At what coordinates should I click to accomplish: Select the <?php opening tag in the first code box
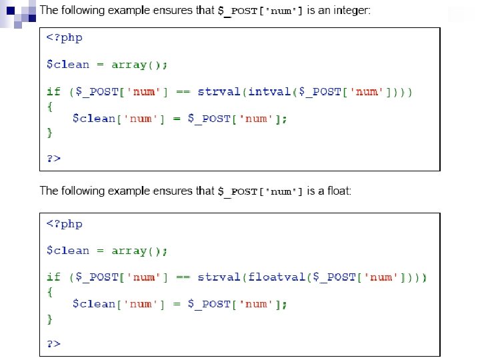point(64,37)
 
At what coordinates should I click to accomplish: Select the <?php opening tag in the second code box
point(64,224)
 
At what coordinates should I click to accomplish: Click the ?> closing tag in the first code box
point(53,158)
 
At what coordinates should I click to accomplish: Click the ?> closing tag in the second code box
point(53,343)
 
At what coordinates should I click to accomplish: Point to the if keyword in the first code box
point(53,91)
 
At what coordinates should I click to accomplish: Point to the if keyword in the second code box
point(53,277)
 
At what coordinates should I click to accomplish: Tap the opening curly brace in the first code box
point(49,105)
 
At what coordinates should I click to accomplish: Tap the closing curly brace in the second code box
point(49,319)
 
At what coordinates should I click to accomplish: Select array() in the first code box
point(139,65)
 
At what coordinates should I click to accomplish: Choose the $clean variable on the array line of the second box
point(67,251)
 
